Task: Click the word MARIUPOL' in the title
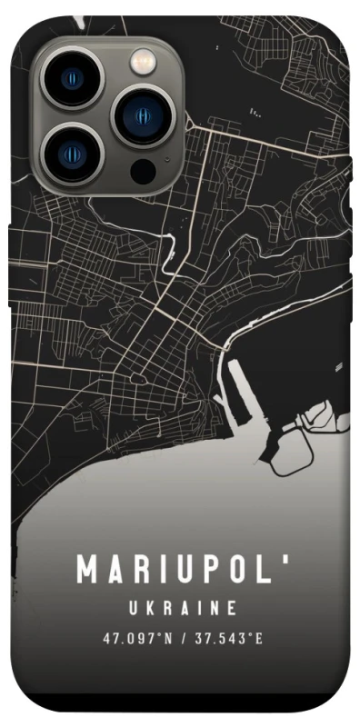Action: (x=183, y=570)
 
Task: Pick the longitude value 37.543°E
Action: (x=226, y=639)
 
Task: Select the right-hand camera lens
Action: (x=142, y=115)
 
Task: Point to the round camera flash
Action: (x=143, y=62)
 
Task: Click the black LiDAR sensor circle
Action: (x=143, y=170)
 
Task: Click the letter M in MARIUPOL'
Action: (x=87, y=571)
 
